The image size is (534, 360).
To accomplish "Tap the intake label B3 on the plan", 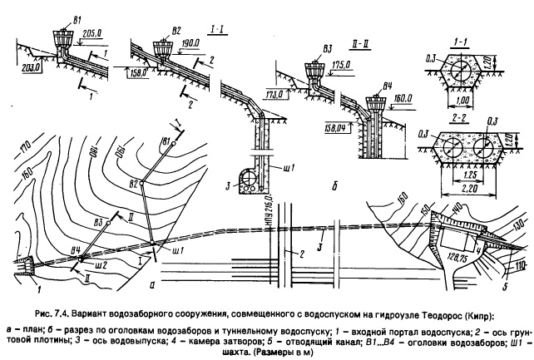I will [101, 223].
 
